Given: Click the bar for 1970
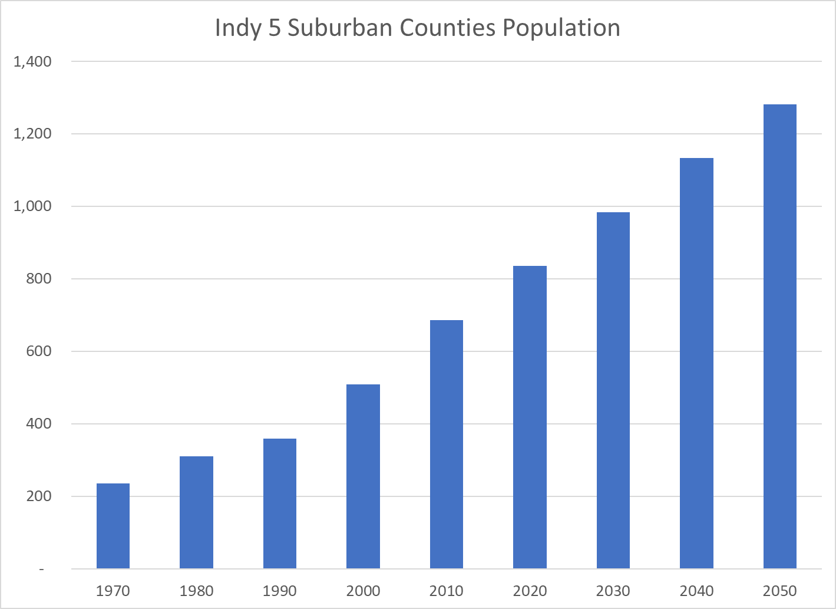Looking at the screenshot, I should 113,526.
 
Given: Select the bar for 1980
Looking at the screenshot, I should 196,512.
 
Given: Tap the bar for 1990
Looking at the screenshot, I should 280,503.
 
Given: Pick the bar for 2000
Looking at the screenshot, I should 363,476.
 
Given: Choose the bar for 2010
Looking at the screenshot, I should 447,445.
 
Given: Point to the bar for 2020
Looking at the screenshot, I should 530,417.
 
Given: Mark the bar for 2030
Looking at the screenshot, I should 613,390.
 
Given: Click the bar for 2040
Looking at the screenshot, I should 696,363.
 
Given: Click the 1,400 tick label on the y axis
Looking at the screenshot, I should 32,61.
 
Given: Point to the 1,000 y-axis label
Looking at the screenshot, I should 32,206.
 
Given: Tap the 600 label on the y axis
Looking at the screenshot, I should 39,351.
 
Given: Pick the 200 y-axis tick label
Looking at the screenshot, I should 39,496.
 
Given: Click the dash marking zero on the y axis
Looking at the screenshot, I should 41,570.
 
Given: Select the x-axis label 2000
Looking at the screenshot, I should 363,591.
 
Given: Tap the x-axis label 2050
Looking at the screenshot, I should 780,591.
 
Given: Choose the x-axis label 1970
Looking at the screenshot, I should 113,591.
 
